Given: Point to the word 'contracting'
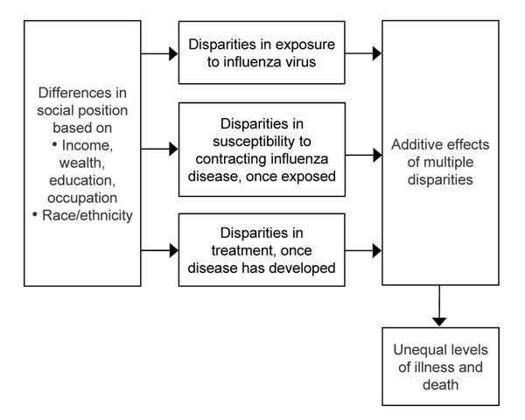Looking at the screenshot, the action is pyautogui.click(x=231, y=159).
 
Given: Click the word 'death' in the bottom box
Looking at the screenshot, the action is pyautogui.click(x=440, y=384).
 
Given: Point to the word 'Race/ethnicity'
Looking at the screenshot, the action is pyautogui.click(x=87, y=215).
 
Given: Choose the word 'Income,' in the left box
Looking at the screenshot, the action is pyautogui.click(x=87, y=146).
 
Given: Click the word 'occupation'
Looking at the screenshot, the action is pyautogui.click(x=82, y=198).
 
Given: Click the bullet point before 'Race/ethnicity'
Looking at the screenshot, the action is pyautogui.click(x=35, y=214).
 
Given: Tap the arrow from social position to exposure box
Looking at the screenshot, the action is pyautogui.click(x=159, y=53).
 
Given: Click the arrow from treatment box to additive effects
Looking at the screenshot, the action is pyautogui.click(x=363, y=250).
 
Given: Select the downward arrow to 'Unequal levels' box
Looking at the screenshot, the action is pyautogui.click(x=439, y=305).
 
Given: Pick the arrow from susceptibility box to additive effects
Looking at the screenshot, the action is pyautogui.click(x=364, y=155).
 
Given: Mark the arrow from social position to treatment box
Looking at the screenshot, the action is pyautogui.click(x=160, y=250).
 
